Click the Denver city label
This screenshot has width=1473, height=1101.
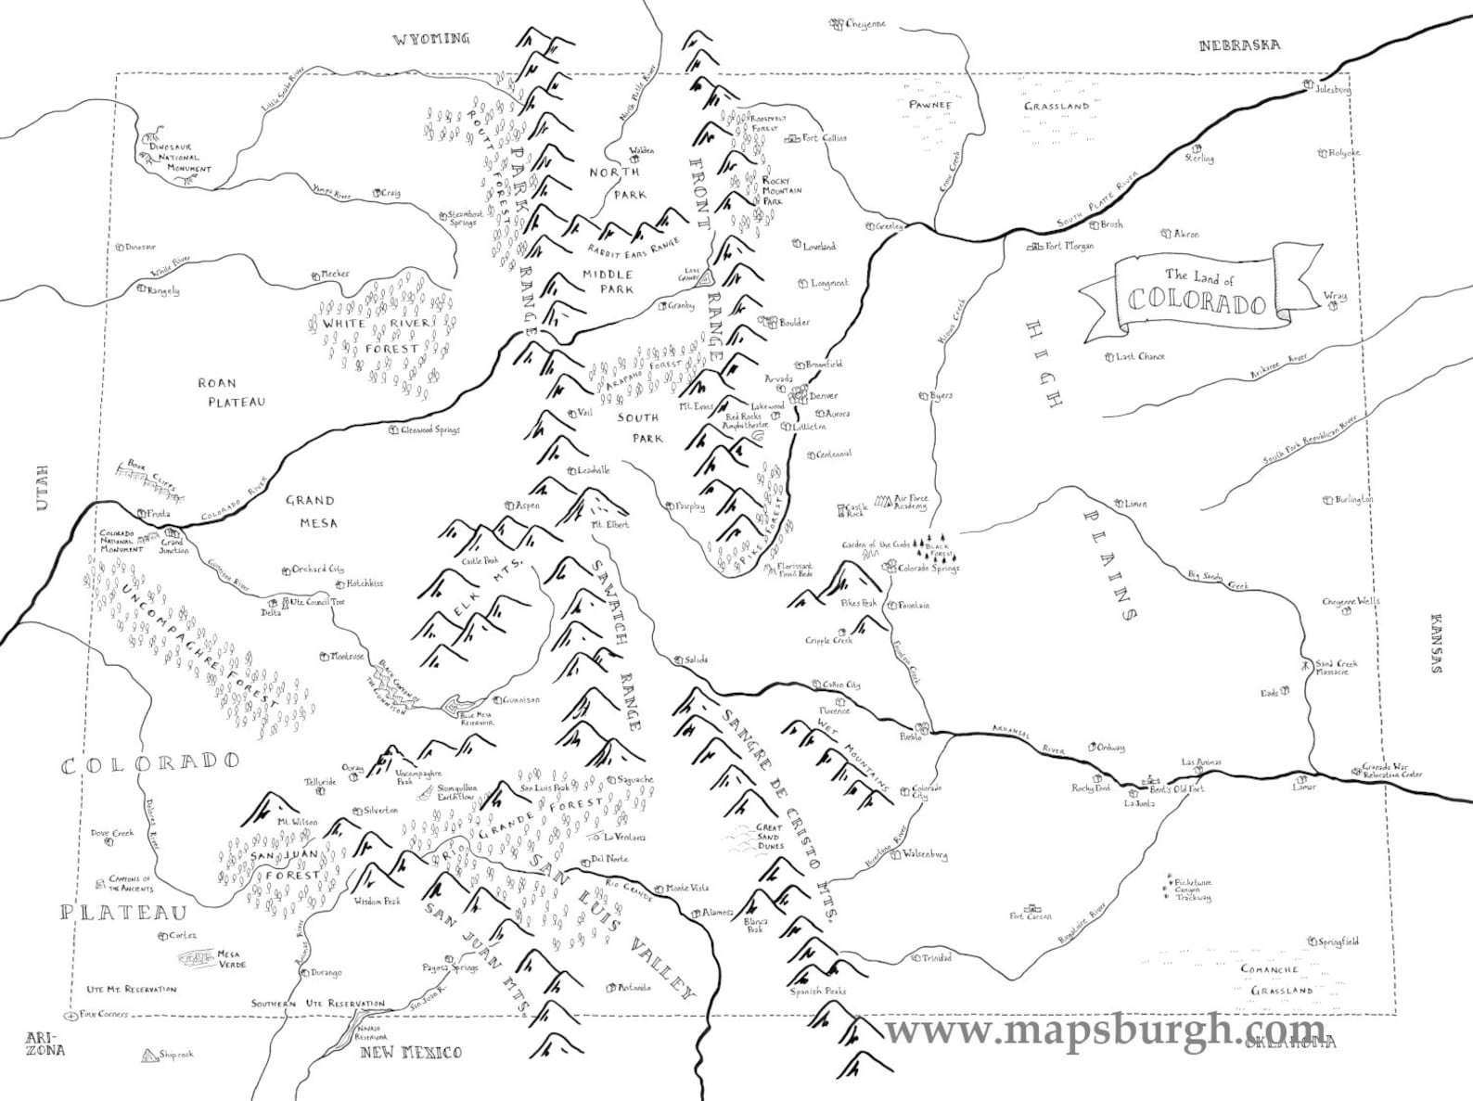coord(823,396)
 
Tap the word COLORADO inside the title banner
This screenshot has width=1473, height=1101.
coord(1198,304)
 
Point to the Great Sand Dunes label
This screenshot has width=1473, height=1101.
coord(769,837)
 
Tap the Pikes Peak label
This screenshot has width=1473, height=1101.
coord(858,603)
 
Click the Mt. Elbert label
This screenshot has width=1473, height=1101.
coord(609,525)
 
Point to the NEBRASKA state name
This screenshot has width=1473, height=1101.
coord(1239,45)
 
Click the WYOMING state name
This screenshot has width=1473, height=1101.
coord(431,39)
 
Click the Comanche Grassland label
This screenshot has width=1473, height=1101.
coord(1283,979)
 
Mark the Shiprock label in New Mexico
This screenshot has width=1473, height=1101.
coord(175,1055)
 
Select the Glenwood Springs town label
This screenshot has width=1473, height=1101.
coord(429,430)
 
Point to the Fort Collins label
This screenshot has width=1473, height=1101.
coord(824,138)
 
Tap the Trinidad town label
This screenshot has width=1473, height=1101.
coord(934,958)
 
